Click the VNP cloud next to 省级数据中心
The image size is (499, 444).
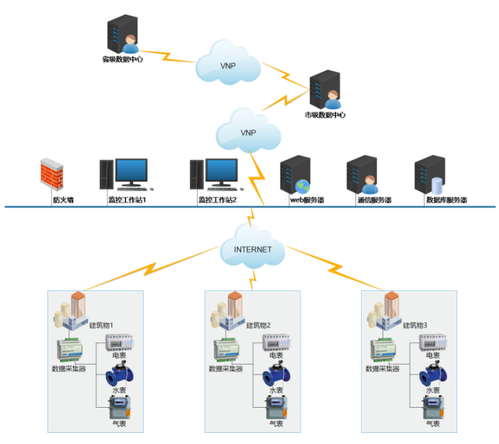[227, 63]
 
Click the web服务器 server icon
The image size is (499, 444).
[295, 175]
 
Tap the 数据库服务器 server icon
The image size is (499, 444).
[429, 175]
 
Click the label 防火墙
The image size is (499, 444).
[63, 200]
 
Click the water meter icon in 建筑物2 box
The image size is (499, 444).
[275, 376]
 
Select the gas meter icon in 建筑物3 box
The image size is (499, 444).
[432, 407]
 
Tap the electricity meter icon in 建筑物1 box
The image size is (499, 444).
[119, 343]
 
